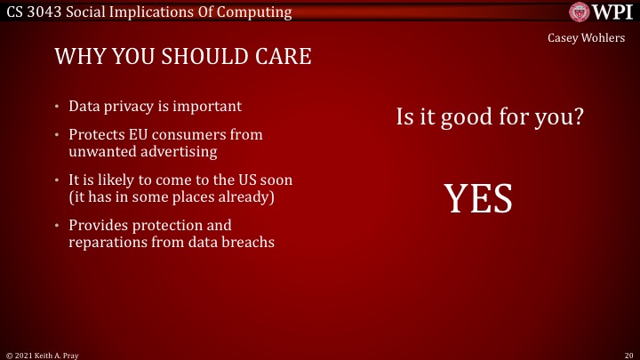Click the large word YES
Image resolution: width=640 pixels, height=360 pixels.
[478, 199]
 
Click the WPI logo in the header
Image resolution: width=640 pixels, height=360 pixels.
[601, 12]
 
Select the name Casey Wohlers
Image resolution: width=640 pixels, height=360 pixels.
[592, 38]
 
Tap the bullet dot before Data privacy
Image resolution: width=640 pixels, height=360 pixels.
[57, 107]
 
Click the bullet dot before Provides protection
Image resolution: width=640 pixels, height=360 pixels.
[57, 225]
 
